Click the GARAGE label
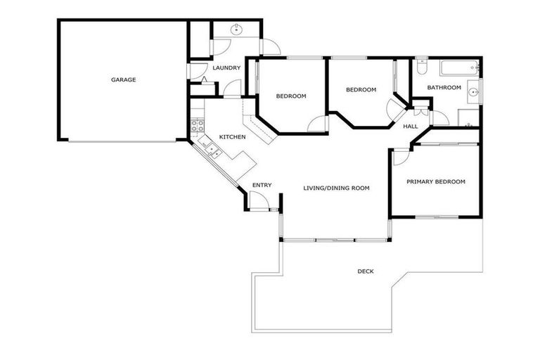[123, 79]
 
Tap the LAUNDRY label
[226, 68]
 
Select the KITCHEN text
[232, 136]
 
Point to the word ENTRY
[262, 185]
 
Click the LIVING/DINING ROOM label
[336, 188]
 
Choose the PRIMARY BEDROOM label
[436, 181]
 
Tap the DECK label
[365, 271]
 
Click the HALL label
[411, 127]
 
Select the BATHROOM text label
[444, 88]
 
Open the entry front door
[259, 202]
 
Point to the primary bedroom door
[401, 156]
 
